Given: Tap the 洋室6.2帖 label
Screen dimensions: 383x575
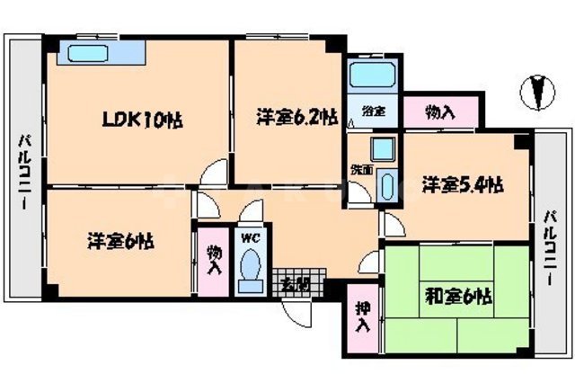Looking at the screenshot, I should pos(296,117).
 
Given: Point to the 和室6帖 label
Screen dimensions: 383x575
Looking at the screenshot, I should pos(458,295).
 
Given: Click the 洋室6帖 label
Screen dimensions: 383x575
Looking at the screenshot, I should pos(120,241).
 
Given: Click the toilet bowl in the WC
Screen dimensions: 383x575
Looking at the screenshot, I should pos(251,268).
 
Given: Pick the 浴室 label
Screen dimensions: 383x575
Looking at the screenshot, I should pos(373,111).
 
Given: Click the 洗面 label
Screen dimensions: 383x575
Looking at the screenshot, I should pos(360,169).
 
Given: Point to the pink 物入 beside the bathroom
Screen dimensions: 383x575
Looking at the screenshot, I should pos(439,111).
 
